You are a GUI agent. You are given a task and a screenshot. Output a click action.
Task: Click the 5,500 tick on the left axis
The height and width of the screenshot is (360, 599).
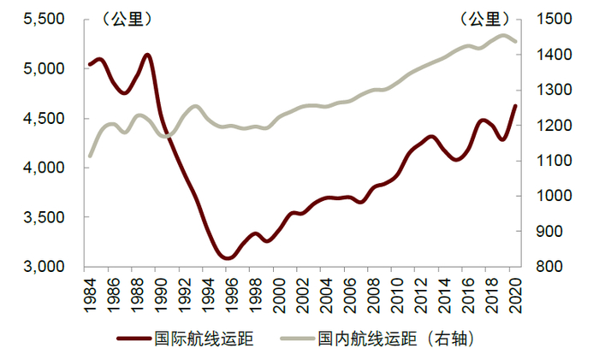40,19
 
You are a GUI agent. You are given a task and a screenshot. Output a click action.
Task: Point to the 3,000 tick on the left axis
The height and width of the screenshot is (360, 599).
40,267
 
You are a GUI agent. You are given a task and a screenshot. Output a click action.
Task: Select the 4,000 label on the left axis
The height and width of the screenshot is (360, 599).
40,168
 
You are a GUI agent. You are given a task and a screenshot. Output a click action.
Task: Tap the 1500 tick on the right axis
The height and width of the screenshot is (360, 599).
552,19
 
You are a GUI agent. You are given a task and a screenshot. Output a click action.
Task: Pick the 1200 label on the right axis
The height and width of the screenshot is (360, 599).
552,126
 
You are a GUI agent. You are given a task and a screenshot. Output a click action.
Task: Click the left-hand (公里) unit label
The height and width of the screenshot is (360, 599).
125,17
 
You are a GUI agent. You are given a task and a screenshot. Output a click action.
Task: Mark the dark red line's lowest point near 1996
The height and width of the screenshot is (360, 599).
226,257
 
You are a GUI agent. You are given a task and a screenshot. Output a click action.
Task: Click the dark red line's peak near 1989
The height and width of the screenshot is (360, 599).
147,55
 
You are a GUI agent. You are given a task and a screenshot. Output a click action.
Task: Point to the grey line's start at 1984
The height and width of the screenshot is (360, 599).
89,156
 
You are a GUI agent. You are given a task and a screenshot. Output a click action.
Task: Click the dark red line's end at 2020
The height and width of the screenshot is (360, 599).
515,105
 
